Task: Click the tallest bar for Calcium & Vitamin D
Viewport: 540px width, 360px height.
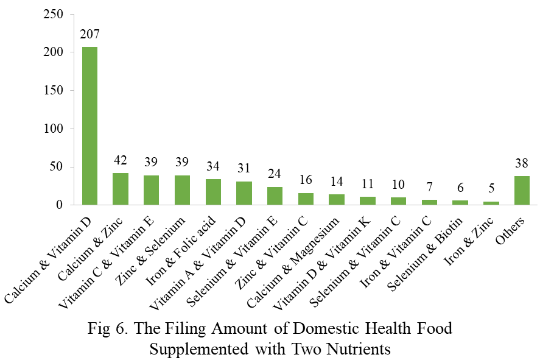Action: pyautogui.click(x=89, y=125)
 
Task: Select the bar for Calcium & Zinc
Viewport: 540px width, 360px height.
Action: pyautogui.click(x=121, y=189)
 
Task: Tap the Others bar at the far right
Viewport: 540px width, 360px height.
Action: pyautogui.click(x=522, y=191)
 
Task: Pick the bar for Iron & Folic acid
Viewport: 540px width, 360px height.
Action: pyautogui.click(x=213, y=192)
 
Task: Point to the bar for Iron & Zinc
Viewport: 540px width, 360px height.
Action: pyautogui.click(x=491, y=203)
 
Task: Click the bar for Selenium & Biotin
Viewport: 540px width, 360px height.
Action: pyautogui.click(x=460, y=203)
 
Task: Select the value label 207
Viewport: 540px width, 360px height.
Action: pyautogui.click(x=89, y=35)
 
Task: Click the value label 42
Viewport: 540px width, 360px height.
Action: pyautogui.click(x=121, y=161)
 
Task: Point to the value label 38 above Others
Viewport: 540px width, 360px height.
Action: pyautogui.click(x=522, y=164)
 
